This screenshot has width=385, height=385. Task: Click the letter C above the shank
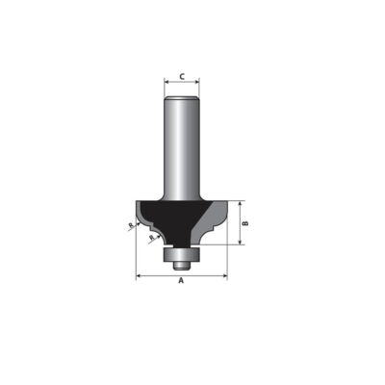click(182, 77)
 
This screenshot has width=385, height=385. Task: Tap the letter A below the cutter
click(181, 281)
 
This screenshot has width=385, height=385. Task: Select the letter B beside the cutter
click(245, 223)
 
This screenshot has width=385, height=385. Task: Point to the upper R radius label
click(131, 226)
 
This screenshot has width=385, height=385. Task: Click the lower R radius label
click(152, 237)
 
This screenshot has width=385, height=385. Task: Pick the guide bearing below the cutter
click(182, 254)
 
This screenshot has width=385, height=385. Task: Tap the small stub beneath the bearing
click(182, 265)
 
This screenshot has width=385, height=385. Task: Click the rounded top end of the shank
click(182, 98)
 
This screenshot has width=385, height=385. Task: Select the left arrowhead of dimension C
click(167, 82)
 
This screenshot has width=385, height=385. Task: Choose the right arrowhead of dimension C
click(197, 82)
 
